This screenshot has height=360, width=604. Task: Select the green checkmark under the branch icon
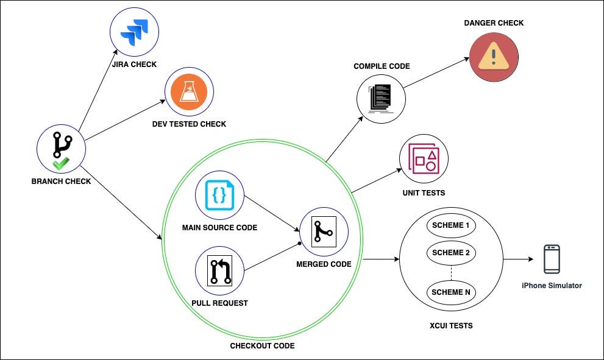point(60,163)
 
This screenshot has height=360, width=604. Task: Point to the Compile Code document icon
point(381,97)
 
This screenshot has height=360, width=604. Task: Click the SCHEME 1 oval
point(450,225)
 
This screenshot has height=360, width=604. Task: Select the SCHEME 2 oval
point(450,253)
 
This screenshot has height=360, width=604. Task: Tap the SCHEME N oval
point(450,292)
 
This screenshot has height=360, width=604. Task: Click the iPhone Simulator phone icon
point(552,259)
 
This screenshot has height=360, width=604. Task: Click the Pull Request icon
point(219,270)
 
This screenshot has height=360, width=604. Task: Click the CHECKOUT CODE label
point(262,346)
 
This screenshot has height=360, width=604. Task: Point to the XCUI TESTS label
point(450,326)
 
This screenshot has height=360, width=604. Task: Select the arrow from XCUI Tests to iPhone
point(518,259)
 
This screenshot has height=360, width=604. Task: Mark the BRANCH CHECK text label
point(61,181)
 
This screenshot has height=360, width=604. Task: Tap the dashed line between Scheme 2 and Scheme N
point(450,272)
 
